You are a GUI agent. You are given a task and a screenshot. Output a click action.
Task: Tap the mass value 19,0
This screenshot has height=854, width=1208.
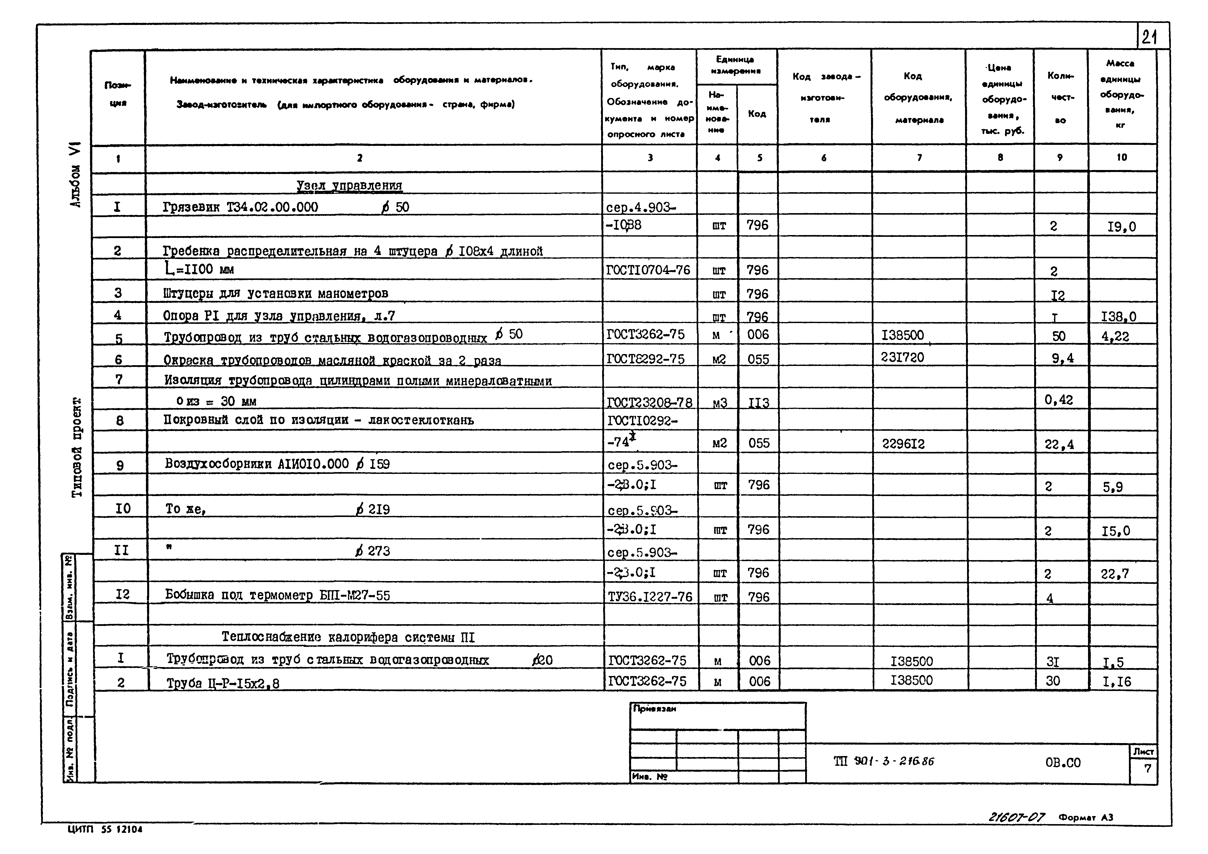tap(1121, 227)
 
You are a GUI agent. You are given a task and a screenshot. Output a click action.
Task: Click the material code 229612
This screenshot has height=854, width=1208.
tap(903, 444)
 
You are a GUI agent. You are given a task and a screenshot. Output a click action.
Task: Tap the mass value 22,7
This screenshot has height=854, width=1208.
tap(1115, 574)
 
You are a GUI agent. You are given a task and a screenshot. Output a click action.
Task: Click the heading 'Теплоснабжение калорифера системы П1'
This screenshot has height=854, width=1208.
tap(348, 637)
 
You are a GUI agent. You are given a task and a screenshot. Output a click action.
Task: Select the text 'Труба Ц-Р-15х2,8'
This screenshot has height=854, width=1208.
tap(223, 683)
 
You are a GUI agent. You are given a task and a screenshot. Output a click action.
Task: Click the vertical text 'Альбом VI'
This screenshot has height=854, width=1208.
tap(76, 175)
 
